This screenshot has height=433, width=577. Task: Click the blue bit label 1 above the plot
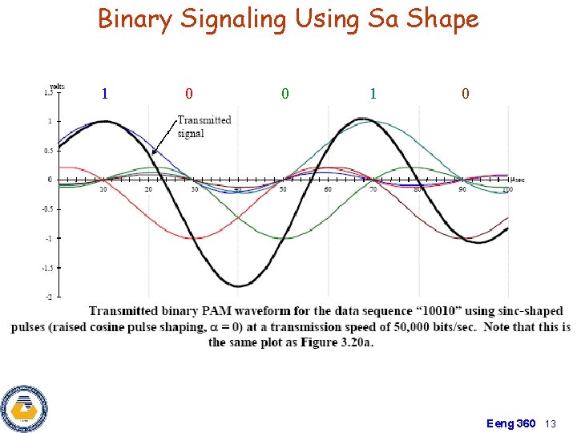pyautogui.click(x=105, y=94)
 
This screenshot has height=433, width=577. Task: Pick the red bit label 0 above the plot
pyautogui.click(x=188, y=94)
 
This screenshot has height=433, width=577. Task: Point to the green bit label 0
pyautogui.click(x=285, y=94)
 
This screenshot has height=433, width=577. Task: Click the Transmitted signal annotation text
pyautogui.click(x=204, y=127)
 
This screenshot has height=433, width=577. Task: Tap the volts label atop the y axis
pyautogui.click(x=57, y=85)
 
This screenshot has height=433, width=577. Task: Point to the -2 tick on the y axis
pyautogui.click(x=49, y=297)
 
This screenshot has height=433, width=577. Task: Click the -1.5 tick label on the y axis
pyautogui.click(x=47, y=268)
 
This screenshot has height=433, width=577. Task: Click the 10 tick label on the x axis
pyautogui.click(x=103, y=190)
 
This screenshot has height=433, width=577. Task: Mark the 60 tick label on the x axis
pyautogui.click(x=328, y=190)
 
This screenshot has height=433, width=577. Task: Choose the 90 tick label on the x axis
pyautogui.click(x=462, y=190)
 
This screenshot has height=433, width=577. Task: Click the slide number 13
pyautogui.click(x=551, y=423)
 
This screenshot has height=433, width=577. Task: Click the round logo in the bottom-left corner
pyautogui.click(x=25, y=408)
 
